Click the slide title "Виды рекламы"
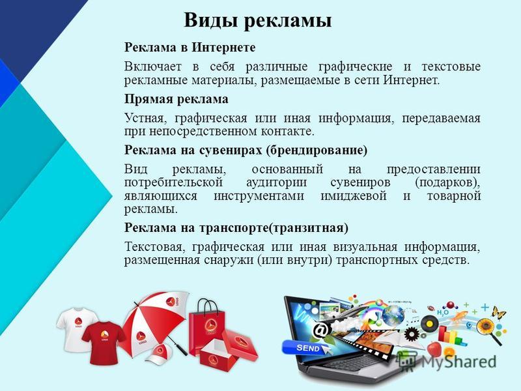(x=257, y=21)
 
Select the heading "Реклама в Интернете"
(x=190, y=47)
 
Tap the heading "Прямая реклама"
(x=176, y=99)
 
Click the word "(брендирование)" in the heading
(x=317, y=151)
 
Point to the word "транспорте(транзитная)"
(x=274, y=227)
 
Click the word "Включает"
(x=153, y=66)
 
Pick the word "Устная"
(x=144, y=118)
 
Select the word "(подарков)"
(x=447, y=183)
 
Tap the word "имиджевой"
(x=354, y=196)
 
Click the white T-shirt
(x=76, y=328)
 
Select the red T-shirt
(x=104, y=343)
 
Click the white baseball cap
(x=162, y=353)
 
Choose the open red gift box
(x=229, y=348)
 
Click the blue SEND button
(x=305, y=348)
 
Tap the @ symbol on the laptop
(x=321, y=330)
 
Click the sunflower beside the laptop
(x=486, y=326)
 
